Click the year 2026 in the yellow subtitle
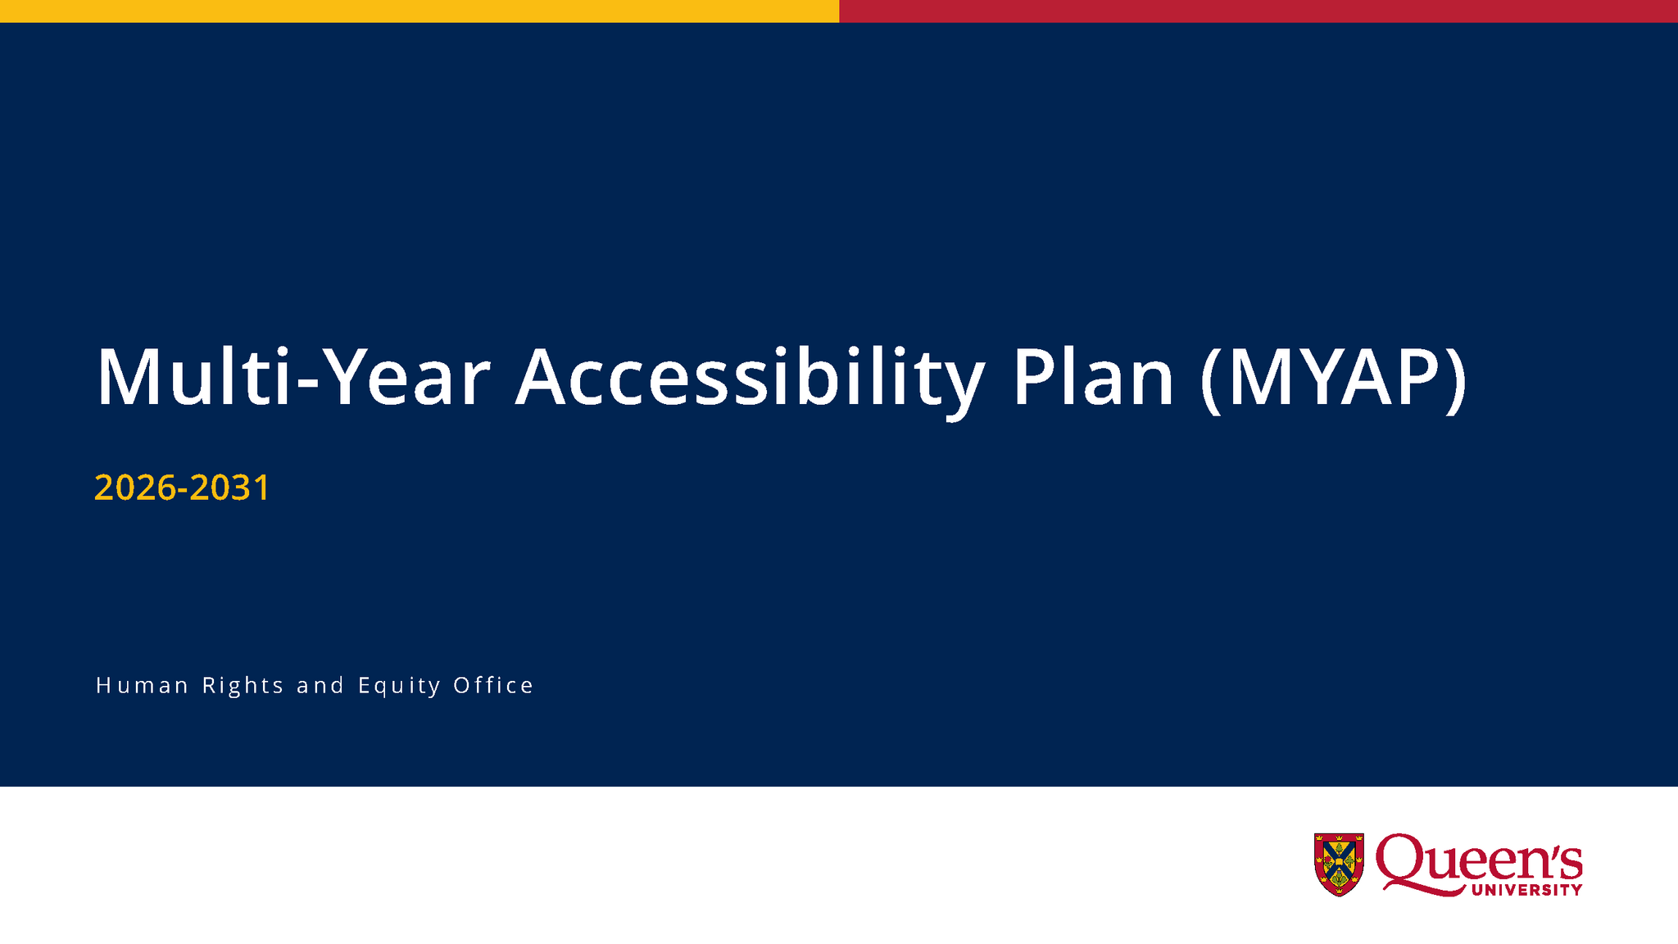135,488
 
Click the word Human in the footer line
143,685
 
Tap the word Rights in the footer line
243,685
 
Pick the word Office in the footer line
493,685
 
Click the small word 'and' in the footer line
320,685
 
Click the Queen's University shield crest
1339,864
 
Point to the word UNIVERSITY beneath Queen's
1526,890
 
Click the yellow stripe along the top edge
419,11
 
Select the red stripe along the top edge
1258,11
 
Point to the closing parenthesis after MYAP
1455,379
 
